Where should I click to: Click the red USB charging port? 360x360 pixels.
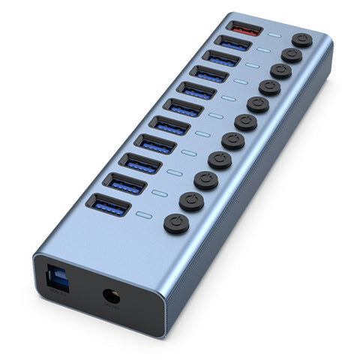point(245,30)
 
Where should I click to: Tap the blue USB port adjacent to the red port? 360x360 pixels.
point(234,45)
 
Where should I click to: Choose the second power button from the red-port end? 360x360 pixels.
point(291,55)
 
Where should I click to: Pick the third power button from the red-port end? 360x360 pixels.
point(280,71)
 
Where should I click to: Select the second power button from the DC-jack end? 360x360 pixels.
point(191,201)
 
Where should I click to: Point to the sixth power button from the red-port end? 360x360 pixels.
point(245,122)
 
